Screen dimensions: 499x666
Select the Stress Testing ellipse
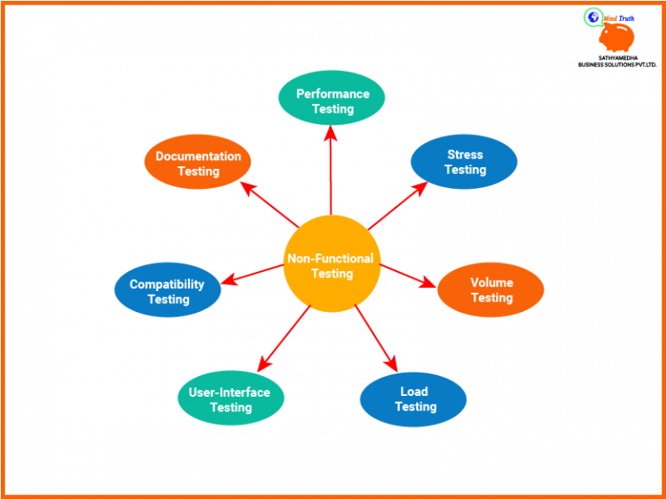pyautogui.click(x=465, y=161)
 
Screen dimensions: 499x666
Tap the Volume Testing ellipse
pyautogui.click(x=491, y=289)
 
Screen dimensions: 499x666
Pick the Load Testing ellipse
pyautogui.click(x=414, y=399)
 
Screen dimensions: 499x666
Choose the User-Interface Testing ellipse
pyautogui.click(x=231, y=399)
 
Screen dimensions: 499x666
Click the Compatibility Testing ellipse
pyautogui.click(x=167, y=290)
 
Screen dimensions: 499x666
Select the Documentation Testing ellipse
pyautogui.click(x=198, y=162)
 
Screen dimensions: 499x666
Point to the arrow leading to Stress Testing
pyautogui.click(x=397, y=205)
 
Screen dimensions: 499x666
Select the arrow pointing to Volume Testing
pyautogui.click(x=408, y=275)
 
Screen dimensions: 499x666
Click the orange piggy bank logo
pyautogui.click(x=617, y=36)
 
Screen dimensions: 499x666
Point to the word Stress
pyautogui.click(x=465, y=154)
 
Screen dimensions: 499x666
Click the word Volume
pyautogui.click(x=492, y=282)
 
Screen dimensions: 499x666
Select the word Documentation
pyautogui.click(x=198, y=156)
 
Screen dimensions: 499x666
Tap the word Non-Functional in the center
pyautogui.click(x=330, y=258)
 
